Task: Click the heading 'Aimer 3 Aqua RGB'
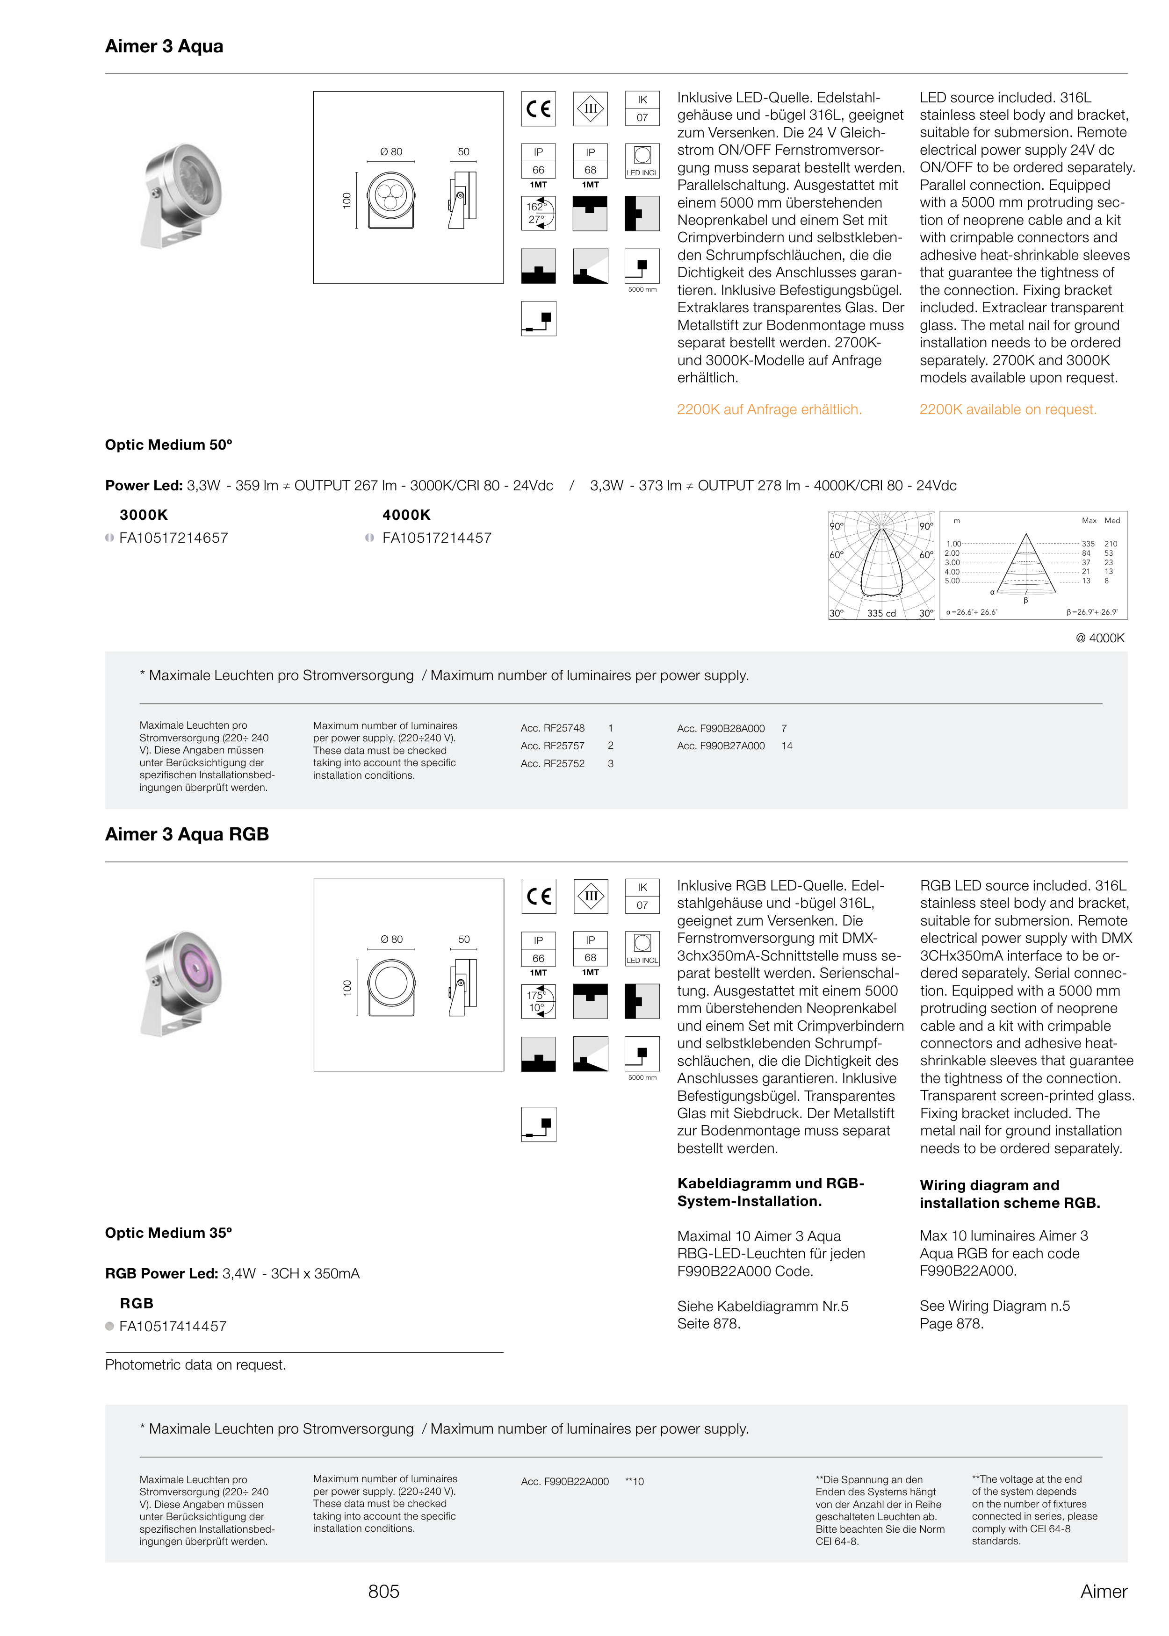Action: pyautogui.click(x=187, y=834)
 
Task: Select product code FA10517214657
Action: pyautogui.click(x=173, y=538)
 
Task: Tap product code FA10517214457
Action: pyautogui.click(x=436, y=538)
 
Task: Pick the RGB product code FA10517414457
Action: pyautogui.click(x=173, y=1326)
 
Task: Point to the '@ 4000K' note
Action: pyautogui.click(x=1099, y=638)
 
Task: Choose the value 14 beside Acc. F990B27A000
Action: pyautogui.click(x=787, y=746)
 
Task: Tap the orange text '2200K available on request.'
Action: pyautogui.click(x=1007, y=409)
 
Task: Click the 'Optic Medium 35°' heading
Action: pyautogui.click(x=168, y=1233)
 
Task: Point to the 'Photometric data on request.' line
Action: pyautogui.click(x=195, y=1365)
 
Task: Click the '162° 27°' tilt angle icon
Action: pyautogui.click(x=538, y=213)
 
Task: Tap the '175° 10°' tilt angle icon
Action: pyautogui.click(x=538, y=1001)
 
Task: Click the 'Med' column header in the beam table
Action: pyautogui.click(x=1111, y=520)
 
